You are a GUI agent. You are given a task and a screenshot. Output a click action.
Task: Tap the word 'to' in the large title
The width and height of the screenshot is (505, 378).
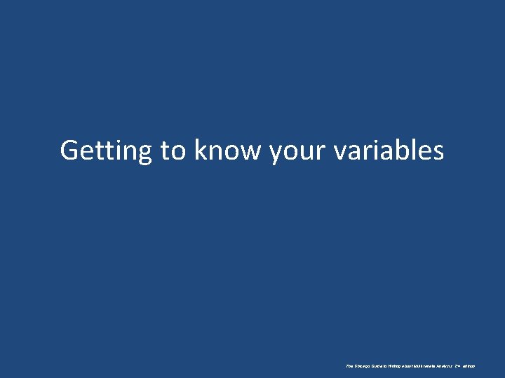click(x=174, y=151)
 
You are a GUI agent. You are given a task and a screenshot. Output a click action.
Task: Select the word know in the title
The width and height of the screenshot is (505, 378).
click(x=229, y=151)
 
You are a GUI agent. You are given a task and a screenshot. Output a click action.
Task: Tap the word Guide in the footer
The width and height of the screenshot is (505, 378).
click(x=377, y=366)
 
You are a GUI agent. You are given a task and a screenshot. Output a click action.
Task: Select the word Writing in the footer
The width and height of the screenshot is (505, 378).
click(x=393, y=366)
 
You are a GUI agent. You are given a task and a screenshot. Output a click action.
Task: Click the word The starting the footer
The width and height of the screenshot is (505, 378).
click(x=349, y=366)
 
